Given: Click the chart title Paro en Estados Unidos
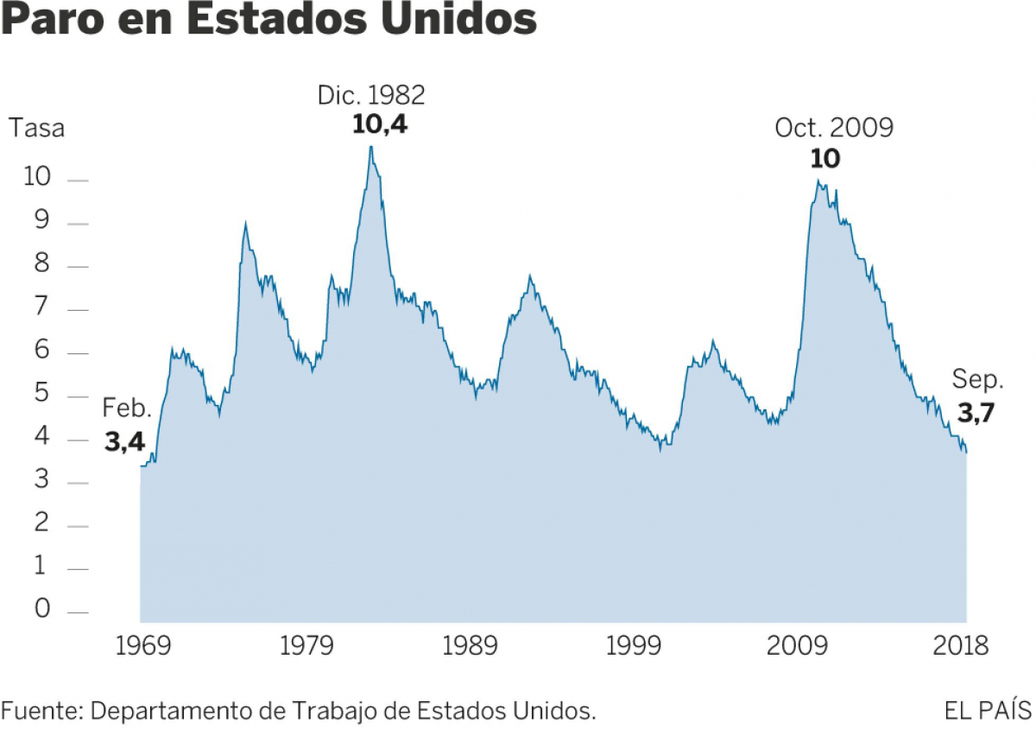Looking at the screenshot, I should pyautogui.click(x=268, y=21).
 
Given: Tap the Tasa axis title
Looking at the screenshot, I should pyautogui.click(x=36, y=130).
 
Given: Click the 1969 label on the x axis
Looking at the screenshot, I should pyautogui.click(x=141, y=646).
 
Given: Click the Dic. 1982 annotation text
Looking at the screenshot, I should pyautogui.click(x=371, y=95).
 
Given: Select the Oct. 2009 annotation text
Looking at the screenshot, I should pyautogui.click(x=834, y=129).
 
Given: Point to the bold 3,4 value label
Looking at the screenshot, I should pyautogui.click(x=125, y=443).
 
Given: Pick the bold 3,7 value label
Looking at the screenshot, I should pyautogui.click(x=976, y=413).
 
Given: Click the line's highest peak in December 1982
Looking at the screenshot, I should pyautogui.click(x=371, y=146).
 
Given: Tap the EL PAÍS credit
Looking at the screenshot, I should pyautogui.click(x=989, y=710).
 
